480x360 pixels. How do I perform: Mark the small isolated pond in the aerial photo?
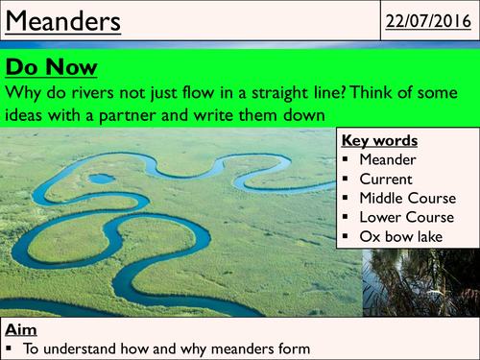pos(99,178)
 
